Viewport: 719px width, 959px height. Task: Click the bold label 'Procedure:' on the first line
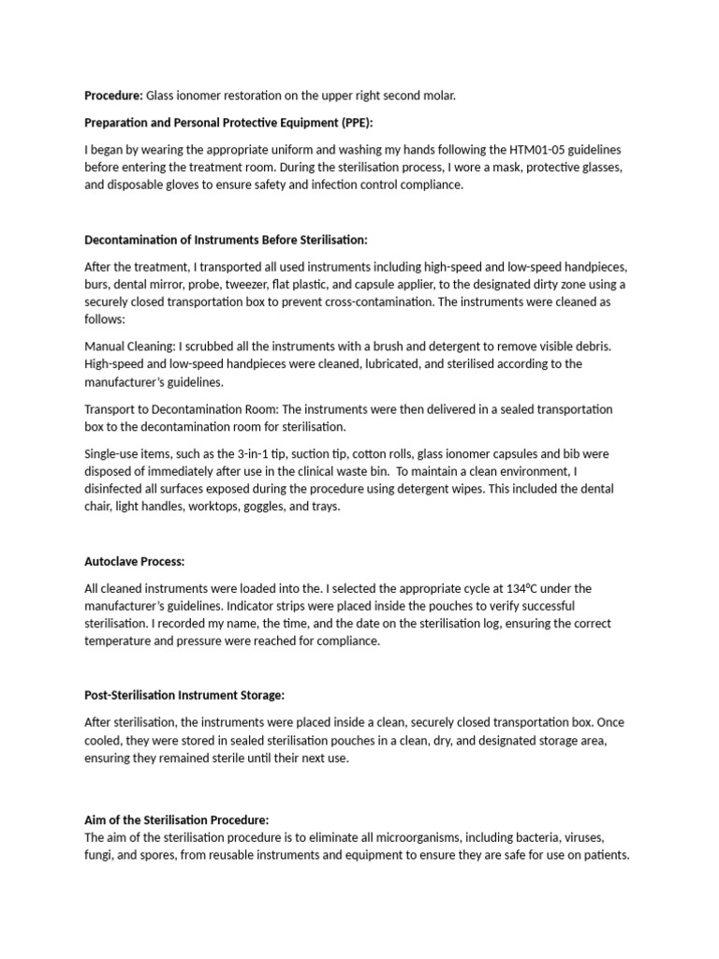(113, 96)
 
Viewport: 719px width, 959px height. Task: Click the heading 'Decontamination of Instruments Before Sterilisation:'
(232, 240)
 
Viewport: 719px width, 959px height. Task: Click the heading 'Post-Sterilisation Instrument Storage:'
(184, 695)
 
